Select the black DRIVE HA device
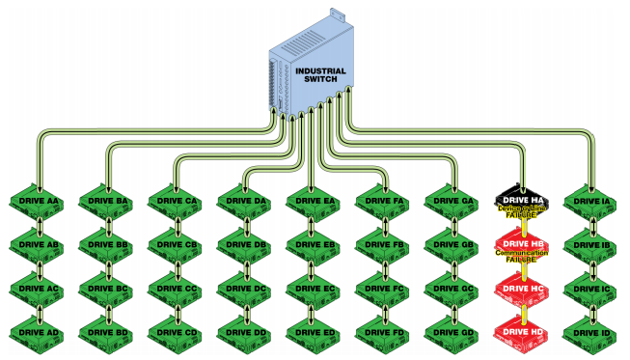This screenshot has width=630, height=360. point(522,202)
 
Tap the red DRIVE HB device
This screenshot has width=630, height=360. point(522,246)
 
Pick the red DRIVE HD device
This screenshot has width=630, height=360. point(522,333)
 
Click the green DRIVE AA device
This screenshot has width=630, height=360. point(38,202)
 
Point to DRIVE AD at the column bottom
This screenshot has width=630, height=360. point(38,333)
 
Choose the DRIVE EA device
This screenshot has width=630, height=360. point(314,202)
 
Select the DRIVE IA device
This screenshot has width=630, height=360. point(590,202)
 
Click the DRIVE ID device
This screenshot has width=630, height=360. point(590,333)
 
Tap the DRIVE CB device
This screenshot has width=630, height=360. point(176,246)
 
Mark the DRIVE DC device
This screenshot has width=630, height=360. point(245,290)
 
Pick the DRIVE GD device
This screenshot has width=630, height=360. point(452,333)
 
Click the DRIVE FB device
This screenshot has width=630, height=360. point(383,246)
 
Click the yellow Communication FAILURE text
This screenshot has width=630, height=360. point(522,257)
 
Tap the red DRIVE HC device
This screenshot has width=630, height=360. point(522,290)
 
